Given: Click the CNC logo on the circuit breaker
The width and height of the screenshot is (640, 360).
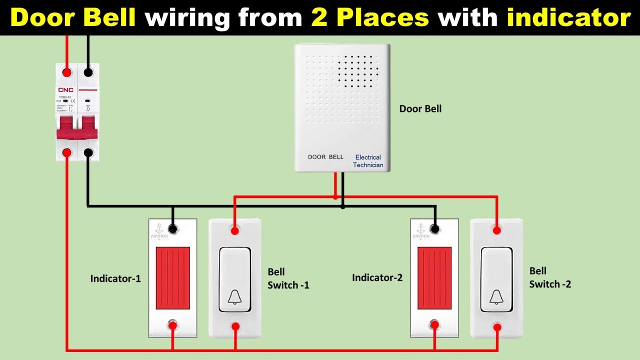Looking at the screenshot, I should (65, 90).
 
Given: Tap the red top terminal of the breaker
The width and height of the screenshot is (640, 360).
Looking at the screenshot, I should (66, 72).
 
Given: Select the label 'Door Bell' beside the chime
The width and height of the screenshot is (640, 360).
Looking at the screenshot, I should (420, 108).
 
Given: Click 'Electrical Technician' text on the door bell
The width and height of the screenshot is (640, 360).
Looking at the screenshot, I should (368, 161).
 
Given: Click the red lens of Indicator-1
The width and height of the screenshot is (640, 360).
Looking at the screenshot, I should (172, 278).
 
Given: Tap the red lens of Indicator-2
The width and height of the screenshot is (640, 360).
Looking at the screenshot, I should (434, 278).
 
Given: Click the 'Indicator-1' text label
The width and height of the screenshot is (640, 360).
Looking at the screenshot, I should (115, 278).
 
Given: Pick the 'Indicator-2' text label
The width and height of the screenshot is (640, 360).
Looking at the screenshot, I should (377, 277).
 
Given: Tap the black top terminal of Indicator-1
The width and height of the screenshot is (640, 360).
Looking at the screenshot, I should (172, 229).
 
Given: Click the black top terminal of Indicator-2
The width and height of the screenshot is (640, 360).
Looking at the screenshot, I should (435, 229).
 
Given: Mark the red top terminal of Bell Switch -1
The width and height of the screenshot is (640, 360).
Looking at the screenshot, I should (234, 230).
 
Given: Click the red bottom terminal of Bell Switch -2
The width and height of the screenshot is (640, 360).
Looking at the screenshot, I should (497, 327).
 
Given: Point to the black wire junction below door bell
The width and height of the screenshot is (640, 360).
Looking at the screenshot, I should (342, 205).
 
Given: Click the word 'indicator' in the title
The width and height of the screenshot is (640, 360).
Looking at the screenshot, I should (568, 18).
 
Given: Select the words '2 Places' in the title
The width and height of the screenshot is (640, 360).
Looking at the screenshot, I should (369, 18).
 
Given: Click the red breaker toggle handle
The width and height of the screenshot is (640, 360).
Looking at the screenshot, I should (77, 129).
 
